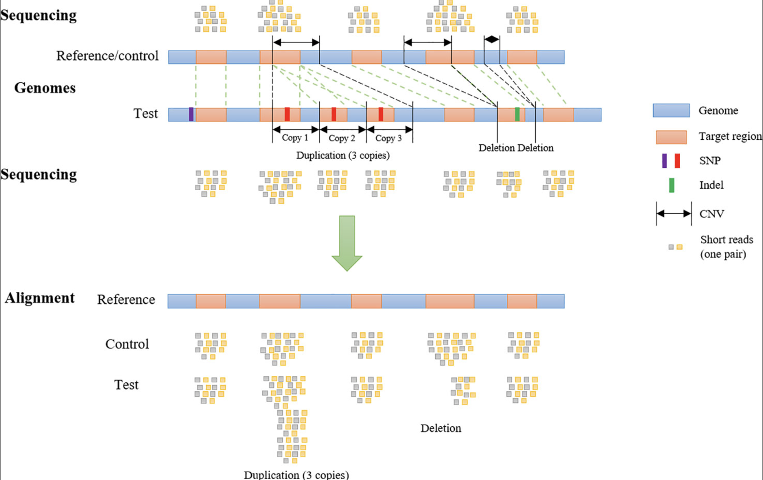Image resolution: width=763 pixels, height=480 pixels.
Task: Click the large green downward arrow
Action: (x=347, y=243)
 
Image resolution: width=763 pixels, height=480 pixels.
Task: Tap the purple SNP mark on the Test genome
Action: (x=191, y=114)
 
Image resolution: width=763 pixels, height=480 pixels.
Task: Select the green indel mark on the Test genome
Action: (x=517, y=114)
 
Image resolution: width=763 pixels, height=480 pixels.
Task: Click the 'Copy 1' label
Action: (x=295, y=138)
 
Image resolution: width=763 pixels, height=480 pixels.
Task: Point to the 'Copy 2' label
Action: (x=342, y=138)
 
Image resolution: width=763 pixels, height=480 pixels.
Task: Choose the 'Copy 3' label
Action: (x=389, y=138)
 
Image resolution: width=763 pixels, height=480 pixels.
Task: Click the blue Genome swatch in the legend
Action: (x=671, y=110)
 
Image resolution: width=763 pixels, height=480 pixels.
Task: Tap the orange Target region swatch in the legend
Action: (x=671, y=137)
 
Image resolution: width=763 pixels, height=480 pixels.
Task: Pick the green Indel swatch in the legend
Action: (x=671, y=185)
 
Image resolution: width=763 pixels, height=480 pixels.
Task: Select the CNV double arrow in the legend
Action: (x=674, y=214)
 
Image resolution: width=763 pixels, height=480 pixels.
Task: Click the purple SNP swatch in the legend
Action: (x=664, y=161)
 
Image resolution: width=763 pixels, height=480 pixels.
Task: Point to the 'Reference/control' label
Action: (x=107, y=56)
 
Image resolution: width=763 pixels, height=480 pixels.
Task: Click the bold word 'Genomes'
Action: (x=45, y=88)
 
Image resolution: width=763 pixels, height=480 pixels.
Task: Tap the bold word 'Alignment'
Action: (x=40, y=298)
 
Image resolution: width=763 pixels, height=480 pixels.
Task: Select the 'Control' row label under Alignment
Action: (x=127, y=344)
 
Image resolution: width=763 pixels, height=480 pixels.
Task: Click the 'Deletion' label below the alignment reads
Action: (x=441, y=428)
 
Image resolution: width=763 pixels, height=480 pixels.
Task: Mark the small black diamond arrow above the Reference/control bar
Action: (x=492, y=39)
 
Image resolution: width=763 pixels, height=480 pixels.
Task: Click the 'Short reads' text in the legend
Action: (x=727, y=240)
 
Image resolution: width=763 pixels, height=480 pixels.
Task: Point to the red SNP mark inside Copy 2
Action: (x=334, y=114)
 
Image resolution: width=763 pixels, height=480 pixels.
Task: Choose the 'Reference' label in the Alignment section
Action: (x=126, y=300)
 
